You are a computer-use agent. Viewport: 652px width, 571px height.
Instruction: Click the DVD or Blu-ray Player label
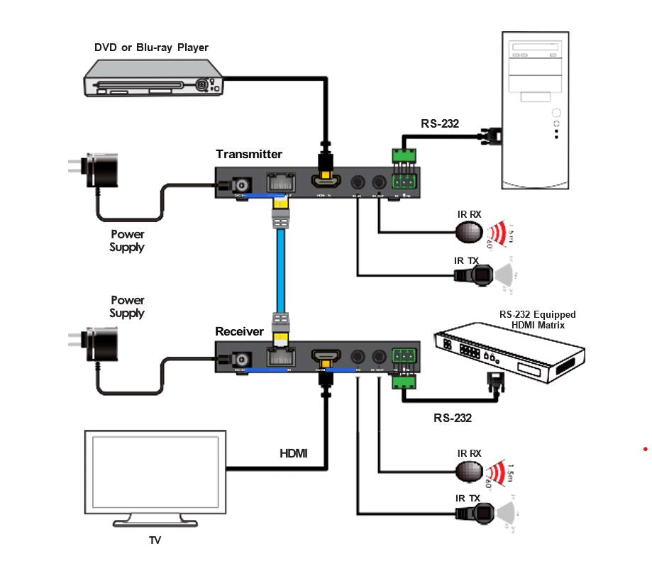(x=152, y=48)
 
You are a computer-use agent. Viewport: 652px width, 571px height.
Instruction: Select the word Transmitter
(x=249, y=154)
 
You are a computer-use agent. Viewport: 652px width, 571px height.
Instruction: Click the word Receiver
(x=239, y=331)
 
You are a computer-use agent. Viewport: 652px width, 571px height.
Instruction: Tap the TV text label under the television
(x=155, y=540)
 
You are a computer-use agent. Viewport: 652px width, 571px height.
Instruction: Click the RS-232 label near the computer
(x=440, y=123)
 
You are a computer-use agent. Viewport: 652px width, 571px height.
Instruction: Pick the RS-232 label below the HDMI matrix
(x=453, y=418)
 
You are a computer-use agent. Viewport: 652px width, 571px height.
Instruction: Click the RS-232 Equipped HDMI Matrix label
(x=537, y=319)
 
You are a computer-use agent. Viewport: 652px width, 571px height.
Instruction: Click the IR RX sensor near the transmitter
(x=468, y=231)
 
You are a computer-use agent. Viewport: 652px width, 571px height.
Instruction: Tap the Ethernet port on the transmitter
(x=279, y=182)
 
